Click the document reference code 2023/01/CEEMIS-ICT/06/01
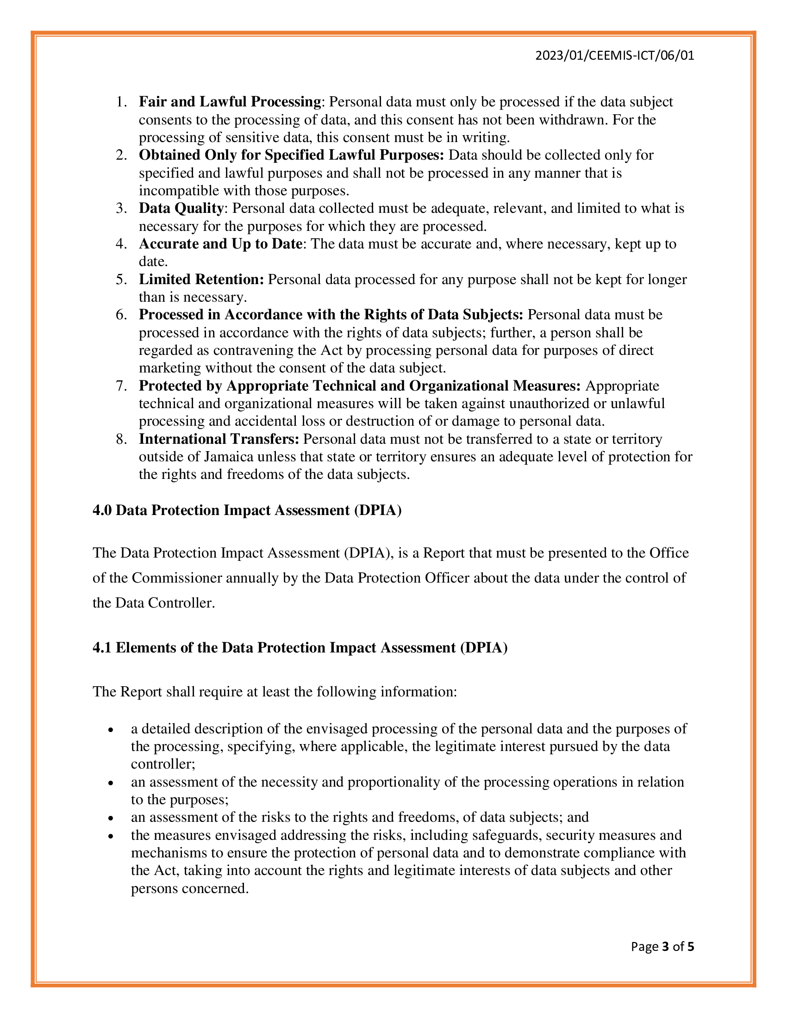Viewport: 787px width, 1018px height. point(614,56)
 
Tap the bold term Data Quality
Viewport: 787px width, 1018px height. point(181,208)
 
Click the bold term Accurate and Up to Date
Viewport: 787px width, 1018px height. point(220,244)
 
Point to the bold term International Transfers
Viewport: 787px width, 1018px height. point(219,439)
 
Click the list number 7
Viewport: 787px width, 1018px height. point(121,386)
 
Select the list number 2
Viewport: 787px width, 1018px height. point(121,155)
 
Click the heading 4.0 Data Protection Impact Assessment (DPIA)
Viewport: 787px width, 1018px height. point(247,510)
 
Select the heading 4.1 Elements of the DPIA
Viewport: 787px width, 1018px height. point(300,647)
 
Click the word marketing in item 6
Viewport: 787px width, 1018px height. point(170,368)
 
